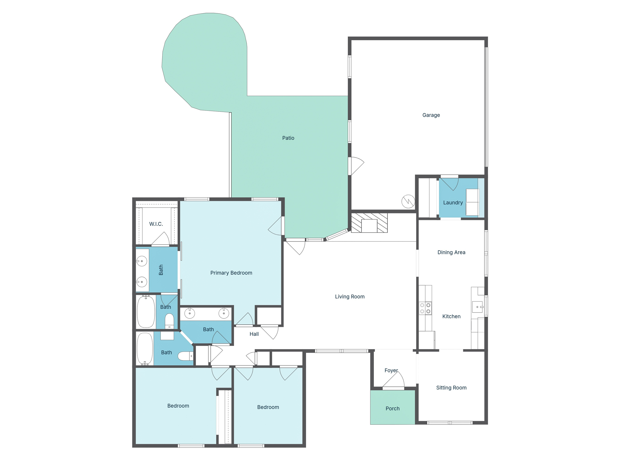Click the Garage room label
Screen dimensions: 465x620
click(x=431, y=115)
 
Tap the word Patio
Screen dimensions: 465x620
click(x=288, y=138)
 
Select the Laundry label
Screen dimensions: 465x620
click(x=453, y=203)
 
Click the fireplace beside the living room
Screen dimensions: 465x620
click(x=369, y=223)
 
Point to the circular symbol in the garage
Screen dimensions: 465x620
click(x=408, y=201)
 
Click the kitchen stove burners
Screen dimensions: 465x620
click(x=425, y=308)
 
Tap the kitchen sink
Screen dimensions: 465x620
click(x=477, y=307)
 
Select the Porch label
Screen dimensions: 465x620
click(x=392, y=408)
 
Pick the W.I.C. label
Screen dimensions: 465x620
click(x=156, y=224)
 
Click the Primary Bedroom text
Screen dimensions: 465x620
click(x=231, y=273)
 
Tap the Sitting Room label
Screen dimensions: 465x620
click(x=451, y=387)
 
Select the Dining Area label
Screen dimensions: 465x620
click(x=451, y=252)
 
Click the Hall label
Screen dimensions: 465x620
click(x=254, y=334)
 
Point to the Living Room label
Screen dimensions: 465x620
click(x=350, y=297)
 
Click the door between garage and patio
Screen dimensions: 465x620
click(x=356, y=166)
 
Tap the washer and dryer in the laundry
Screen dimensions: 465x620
click(x=472, y=202)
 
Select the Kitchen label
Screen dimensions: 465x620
click(x=451, y=316)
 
